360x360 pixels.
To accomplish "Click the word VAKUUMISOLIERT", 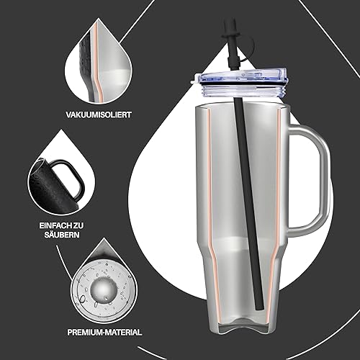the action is pyautogui.click(x=99, y=114).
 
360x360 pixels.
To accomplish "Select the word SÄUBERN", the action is pyautogui.click(x=62, y=235).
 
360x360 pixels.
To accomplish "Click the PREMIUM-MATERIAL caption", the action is pyautogui.click(x=104, y=333).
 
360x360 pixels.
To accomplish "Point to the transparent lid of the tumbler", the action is pyautogui.click(x=240, y=78).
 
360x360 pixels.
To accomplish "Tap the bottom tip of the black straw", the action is pyautogui.click(x=259, y=310).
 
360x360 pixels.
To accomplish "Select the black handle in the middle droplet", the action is pyautogui.click(x=67, y=179).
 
